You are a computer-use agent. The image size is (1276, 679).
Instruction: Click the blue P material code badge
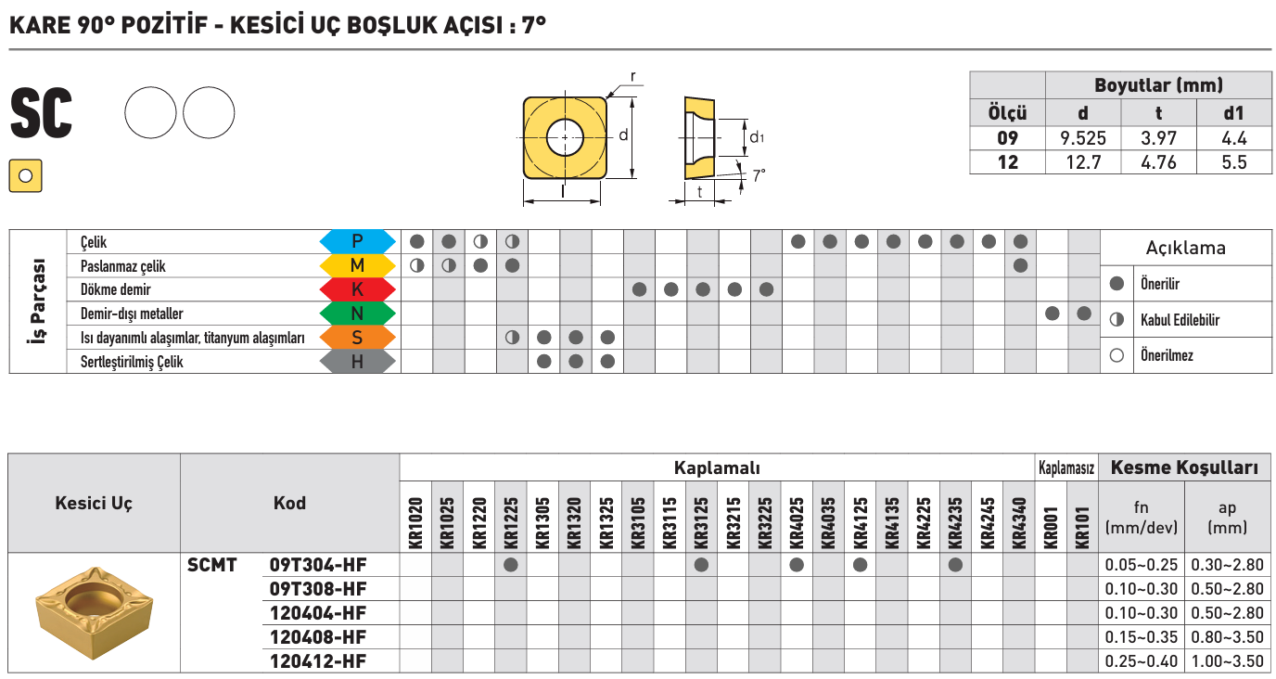(x=357, y=241)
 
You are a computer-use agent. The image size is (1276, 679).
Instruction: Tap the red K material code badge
(x=357, y=289)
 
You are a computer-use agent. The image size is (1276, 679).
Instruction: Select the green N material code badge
(x=357, y=314)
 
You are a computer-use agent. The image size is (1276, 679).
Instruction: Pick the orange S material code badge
(x=357, y=338)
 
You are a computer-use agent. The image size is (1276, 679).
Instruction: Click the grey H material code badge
(x=357, y=362)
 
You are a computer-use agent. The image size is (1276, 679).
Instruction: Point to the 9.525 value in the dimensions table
(x=1083, y=138)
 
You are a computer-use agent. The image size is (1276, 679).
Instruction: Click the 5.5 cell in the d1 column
(x=1234, y=163)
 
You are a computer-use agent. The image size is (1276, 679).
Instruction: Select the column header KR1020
(x=415, y=523)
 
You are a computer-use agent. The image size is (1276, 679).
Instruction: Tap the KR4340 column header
(x=1020, y=523)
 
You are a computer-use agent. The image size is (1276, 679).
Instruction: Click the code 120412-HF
(x=318, y=661)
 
